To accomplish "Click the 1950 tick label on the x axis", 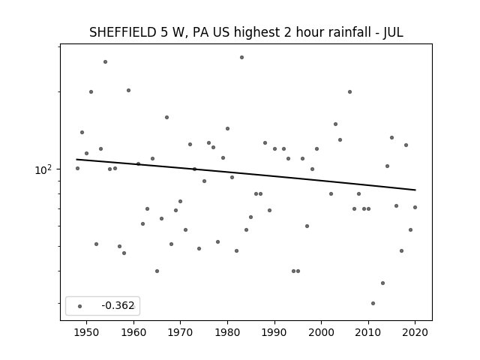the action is pos(87,332).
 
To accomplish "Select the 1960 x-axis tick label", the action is pos(133,332).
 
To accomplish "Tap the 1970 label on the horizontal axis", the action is pos(180,332).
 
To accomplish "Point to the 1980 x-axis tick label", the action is pos(227,332).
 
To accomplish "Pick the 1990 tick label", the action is pos(274,332).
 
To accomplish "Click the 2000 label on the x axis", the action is pos(322,332).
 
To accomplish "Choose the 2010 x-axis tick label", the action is pos(368,332).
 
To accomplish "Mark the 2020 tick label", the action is pos(415,332).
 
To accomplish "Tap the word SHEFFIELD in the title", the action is pos(123,32).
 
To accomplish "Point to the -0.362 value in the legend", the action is pos(118,305).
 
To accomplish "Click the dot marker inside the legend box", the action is pos(80,306).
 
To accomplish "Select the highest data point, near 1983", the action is pos(241,57).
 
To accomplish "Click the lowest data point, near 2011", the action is pos(373,303).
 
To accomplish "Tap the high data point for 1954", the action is pos(105,61).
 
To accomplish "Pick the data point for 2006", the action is pos(349,91).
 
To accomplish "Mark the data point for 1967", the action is pos(166,117).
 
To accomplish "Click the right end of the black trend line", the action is pos(415,190).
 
